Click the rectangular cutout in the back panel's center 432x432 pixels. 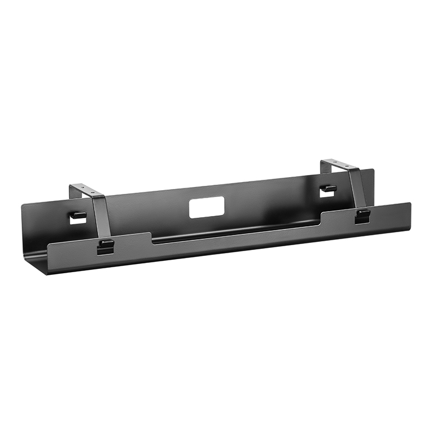coord(206,207)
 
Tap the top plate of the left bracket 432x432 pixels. coord(86,190)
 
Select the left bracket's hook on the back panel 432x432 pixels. coord(78,215)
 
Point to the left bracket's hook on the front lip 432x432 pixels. coord(106,244)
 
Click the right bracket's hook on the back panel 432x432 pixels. coord(328,188)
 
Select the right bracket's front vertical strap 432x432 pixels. coord(357,189)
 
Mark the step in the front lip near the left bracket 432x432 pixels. coord(151,238)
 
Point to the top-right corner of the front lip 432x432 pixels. coord(409,204)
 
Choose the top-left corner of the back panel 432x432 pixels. coord(23,204)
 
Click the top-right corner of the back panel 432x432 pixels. coord(373,170)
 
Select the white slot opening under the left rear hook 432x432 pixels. coord(78,221)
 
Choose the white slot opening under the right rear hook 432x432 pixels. coord(327,194)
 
